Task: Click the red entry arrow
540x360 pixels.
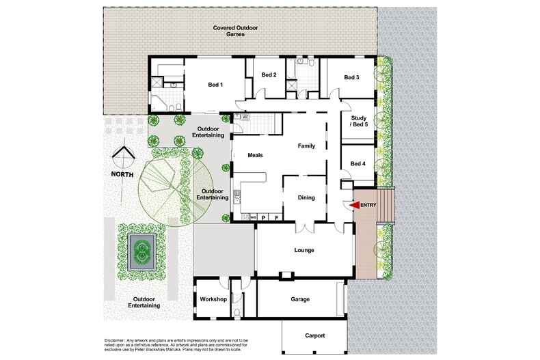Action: point(354,205)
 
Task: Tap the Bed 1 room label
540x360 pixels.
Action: point(215,85)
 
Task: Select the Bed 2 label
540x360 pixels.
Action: point(269,74)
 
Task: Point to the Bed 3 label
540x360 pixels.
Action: point(351,77)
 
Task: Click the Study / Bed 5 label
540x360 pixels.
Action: point(359,121)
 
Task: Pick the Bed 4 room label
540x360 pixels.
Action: point(357,164)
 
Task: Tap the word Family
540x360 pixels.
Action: point(306,146)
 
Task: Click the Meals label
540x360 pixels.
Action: point(255,155)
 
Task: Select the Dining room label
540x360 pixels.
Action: point(306,198)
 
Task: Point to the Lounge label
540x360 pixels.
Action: point(304,250)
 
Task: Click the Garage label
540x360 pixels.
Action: point(300,299)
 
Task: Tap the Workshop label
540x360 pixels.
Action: point(213,299)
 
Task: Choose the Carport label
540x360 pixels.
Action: point(314,335)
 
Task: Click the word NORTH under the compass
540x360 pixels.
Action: point(122,174)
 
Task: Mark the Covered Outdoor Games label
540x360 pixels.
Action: point(236,31)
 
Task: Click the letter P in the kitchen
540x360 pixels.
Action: point(264,217)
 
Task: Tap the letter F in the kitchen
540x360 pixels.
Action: point(276,217)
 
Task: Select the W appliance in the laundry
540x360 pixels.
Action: point(245,117)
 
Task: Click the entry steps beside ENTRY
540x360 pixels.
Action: point(386,206)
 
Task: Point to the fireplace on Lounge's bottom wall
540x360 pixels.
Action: point(286,275)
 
